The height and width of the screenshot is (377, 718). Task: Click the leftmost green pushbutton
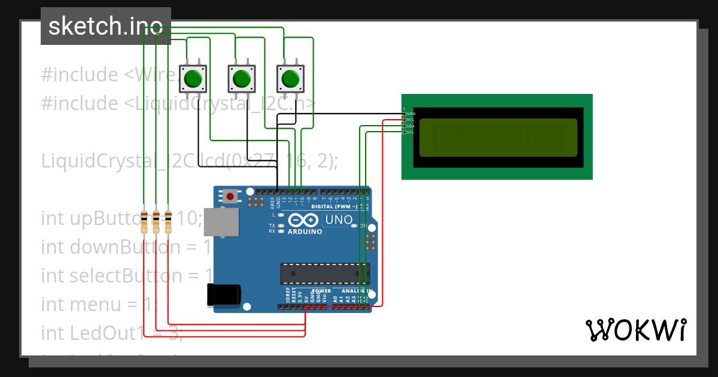click(x=193, y=78)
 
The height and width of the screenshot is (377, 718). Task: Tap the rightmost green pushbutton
click(x=290, y=78)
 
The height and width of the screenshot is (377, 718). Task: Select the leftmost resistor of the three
click(x=144, y=222)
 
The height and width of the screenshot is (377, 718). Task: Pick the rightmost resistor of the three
click(x=168, y=222)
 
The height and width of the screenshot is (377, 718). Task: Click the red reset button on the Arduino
click(x=230, y=196)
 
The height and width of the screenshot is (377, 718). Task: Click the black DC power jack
click(x=223, y=295)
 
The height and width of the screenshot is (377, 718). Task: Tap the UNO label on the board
click(x=339, y=220)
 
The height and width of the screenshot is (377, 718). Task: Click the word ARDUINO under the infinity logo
click(x=306, y=231)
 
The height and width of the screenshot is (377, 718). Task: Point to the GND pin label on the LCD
click(x=410, y=113)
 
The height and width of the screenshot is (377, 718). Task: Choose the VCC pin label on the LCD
click(x=410, y=120)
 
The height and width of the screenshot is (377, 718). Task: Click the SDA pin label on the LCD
click(x=410, y=126)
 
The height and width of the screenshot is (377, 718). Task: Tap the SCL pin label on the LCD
click(x=410, y=132)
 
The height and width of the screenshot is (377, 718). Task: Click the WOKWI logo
click(x=635, y=330)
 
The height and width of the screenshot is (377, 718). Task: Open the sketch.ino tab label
click(x=105, y=26)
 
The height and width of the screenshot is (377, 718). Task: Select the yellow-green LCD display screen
click(x=498, y=137)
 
